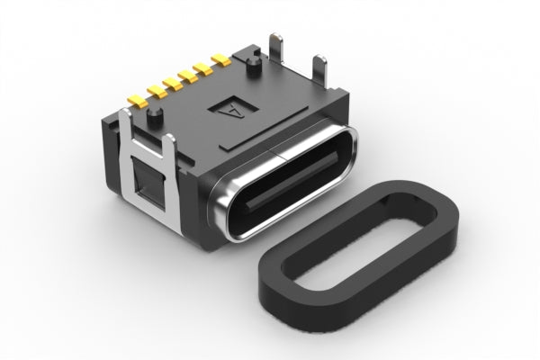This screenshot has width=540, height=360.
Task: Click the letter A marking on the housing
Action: [233, 109]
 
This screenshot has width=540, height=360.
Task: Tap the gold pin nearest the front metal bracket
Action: [137, 102]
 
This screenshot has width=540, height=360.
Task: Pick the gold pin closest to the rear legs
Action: [220, 60]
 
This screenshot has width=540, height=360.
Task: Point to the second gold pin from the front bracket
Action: [157, 92]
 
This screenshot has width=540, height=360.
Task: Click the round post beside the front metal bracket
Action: [155, 117]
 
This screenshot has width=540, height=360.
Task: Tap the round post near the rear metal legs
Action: [254, 66]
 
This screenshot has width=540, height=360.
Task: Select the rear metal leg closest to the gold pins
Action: [276, 49]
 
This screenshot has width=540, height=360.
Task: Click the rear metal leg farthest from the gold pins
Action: [319, 71]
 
